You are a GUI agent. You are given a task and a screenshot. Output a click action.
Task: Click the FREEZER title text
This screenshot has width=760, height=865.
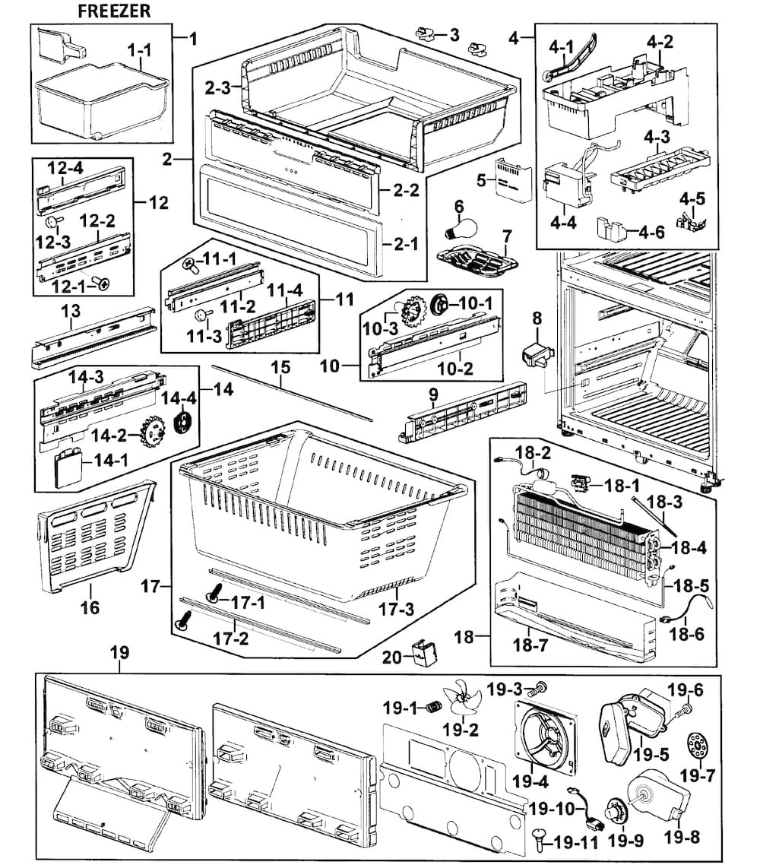tap(114, 11)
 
